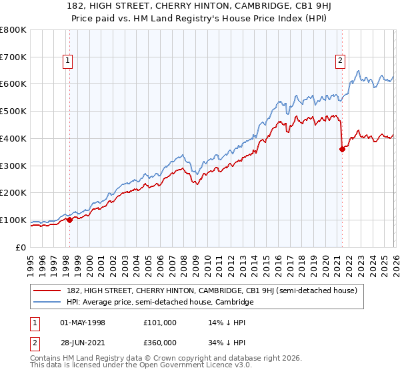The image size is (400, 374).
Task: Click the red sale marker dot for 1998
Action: point(69,220)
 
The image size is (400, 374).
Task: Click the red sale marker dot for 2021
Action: point(342,149)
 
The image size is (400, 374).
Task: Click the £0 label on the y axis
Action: point(20,247)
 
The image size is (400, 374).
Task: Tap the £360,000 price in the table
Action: point(160,342)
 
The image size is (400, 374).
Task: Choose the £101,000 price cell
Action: point(160,322)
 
